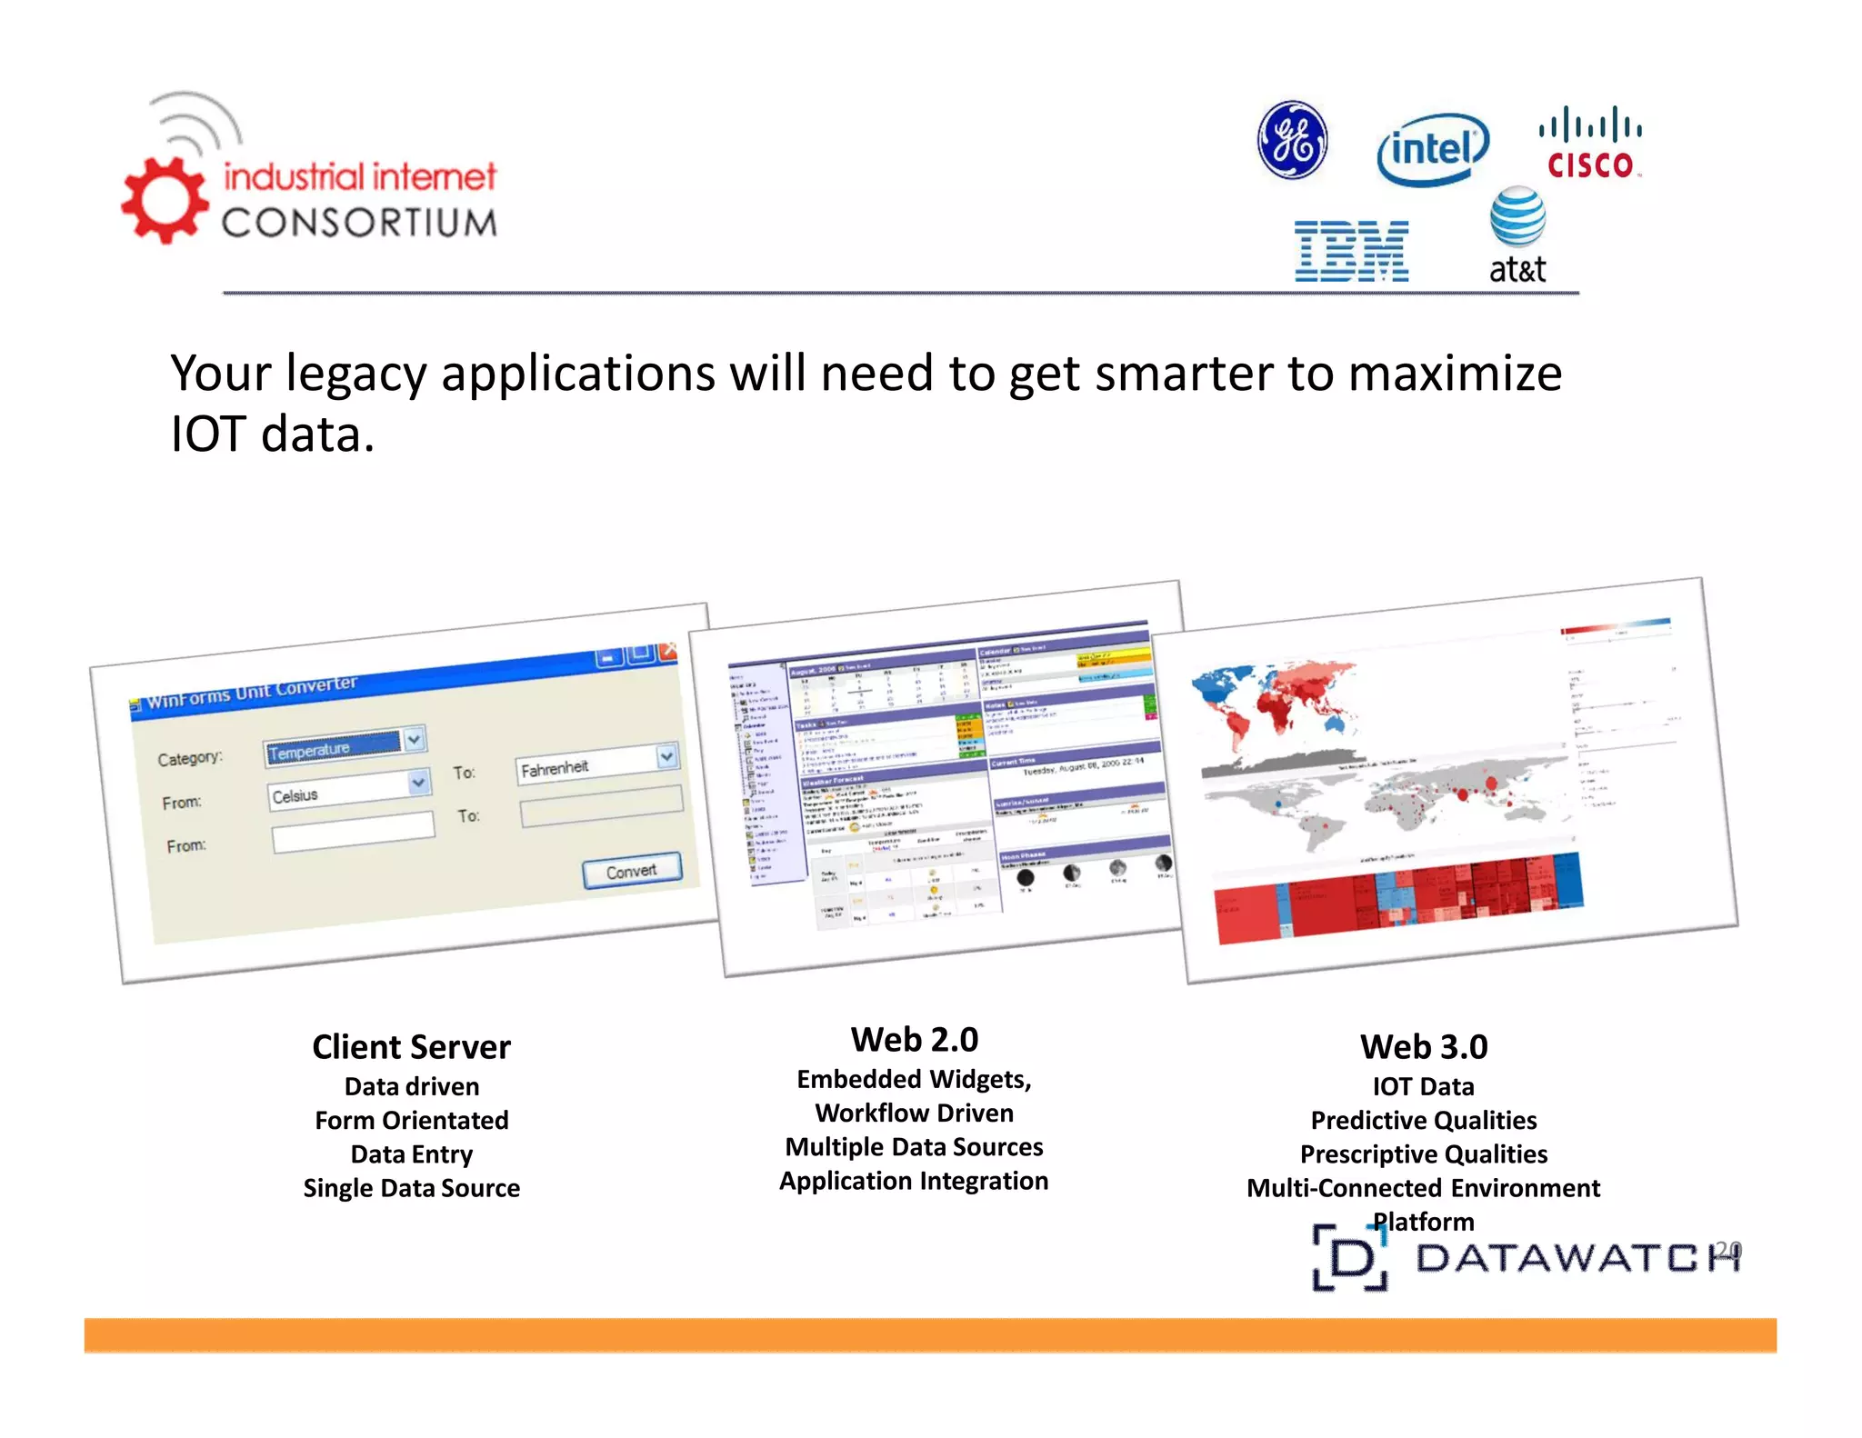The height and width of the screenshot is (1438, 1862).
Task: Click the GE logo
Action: coord(1292,141)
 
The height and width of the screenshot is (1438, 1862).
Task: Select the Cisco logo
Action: coord(1590,144)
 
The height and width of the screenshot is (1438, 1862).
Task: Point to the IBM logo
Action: coord(1351,251)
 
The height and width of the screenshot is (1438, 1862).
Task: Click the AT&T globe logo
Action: coord(1517,217)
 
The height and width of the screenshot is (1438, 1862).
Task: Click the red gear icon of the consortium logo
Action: coord(165,201)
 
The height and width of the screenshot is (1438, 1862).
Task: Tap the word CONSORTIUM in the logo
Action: coord(360,223)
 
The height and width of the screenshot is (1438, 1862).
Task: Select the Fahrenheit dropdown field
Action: coord(596,764)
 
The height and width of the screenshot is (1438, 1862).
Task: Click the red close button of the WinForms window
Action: coord(669,651)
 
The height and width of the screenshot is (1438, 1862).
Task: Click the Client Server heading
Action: coord(411,1047)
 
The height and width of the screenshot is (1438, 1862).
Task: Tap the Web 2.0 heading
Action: coord(914,1040)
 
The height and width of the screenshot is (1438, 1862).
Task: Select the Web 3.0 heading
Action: coord(1424,1047)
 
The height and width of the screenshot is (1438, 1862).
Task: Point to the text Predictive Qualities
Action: coord(1424,1121)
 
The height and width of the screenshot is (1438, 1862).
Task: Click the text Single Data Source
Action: coord(411,1188)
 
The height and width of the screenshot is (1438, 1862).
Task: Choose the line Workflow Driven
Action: coord(914,1113)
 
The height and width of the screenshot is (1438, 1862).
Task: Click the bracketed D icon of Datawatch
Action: coord(1351,1258)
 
